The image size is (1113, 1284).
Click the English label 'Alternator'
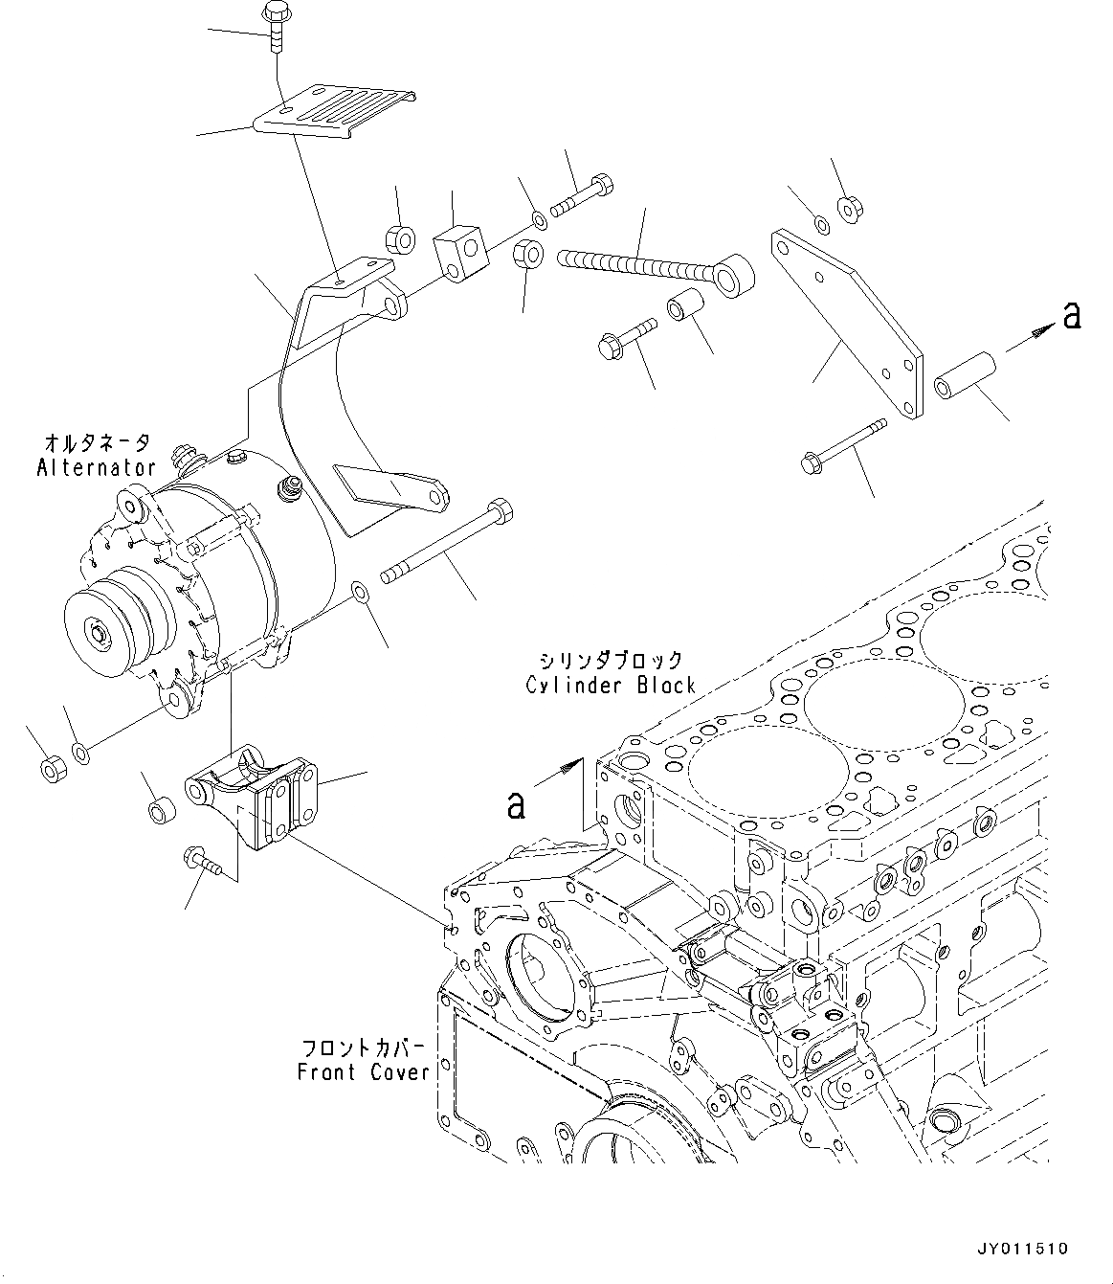tap(96, 467)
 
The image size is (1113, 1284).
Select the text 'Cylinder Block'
tap(610, 686)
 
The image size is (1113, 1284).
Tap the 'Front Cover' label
tap(364, 1072)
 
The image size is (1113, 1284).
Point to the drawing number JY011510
tap(1021, 1250)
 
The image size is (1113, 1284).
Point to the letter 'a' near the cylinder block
tap(516, 805)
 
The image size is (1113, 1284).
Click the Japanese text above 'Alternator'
tap(96, 442)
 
